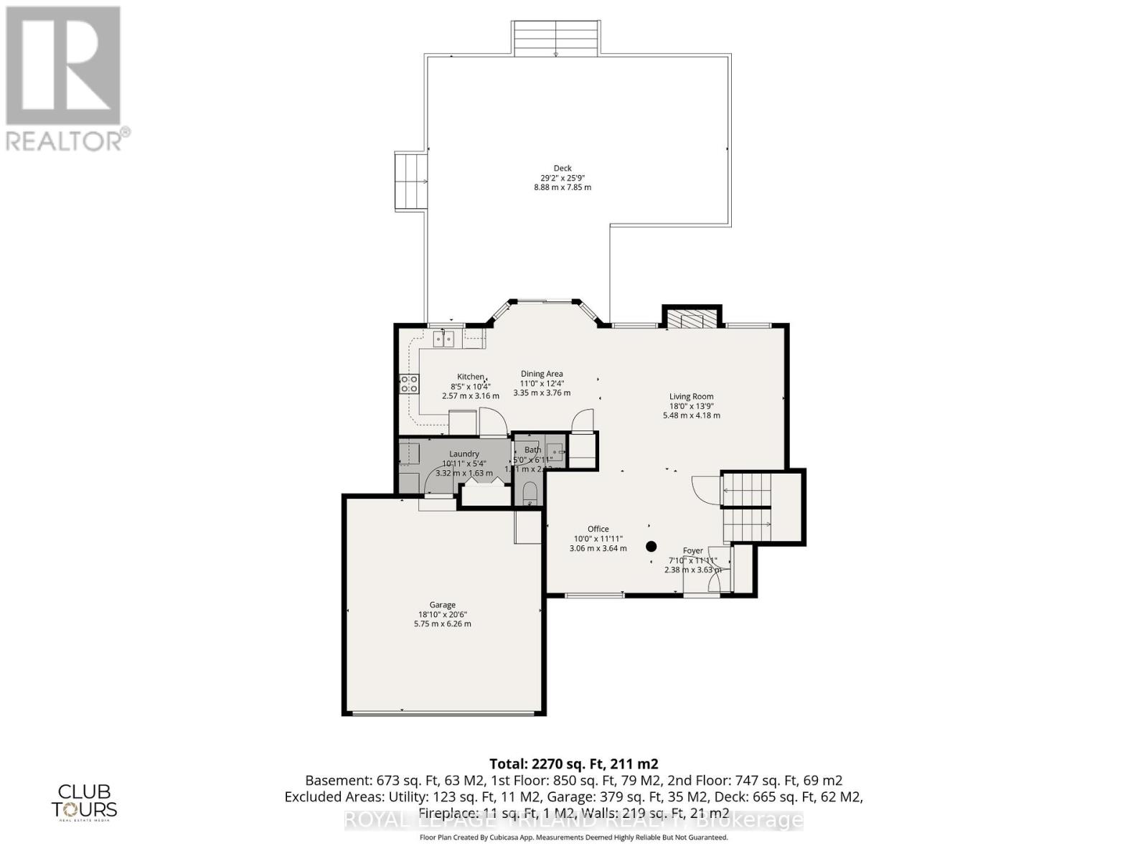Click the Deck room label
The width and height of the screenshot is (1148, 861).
[x=562, y=169]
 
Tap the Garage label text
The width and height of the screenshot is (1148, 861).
[x=442, y=605]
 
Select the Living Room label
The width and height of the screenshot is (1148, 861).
[x=691, y=396]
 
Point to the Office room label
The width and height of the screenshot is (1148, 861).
[x=598, y=529]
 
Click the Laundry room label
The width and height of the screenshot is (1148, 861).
[x=464, y=453]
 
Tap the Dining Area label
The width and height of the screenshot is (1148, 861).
[x=542, y=374]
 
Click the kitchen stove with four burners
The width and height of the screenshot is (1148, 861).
[x=409, y=384]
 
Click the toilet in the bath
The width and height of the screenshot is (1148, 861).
[x=530, y=494]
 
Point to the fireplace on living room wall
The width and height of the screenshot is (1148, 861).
[x=691, y=318]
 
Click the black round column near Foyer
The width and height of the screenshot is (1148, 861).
[x=651, y=546]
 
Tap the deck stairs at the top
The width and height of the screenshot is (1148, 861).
[x=556, y=37]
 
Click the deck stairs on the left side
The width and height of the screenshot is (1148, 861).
[x=411, y=180]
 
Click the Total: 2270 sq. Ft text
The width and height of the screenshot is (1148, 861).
[x=573, y=763]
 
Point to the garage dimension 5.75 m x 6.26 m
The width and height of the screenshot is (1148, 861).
[x=442, y=624]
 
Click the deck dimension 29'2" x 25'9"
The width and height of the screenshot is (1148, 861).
[x=562, y=178]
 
